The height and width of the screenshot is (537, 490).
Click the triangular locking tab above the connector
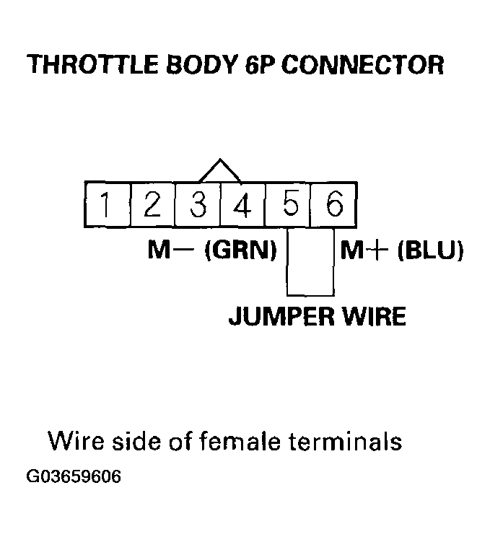tap(220, 172)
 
